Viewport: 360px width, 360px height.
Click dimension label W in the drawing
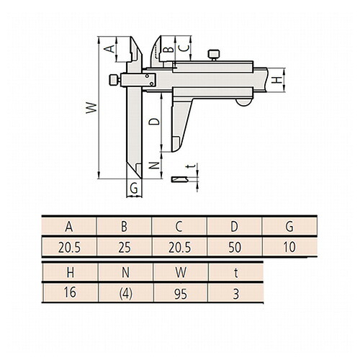click(91, 108)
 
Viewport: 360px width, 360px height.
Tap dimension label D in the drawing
click(154, 122)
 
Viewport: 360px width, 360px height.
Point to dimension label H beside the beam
click(278, 80)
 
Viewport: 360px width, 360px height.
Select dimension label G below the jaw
click(134, 188)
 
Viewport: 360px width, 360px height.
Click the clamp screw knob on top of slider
click(213, 55)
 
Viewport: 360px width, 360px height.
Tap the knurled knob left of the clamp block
click(114, 80)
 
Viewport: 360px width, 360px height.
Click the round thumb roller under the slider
click(243, 102)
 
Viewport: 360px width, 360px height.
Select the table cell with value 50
click(235, 247)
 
